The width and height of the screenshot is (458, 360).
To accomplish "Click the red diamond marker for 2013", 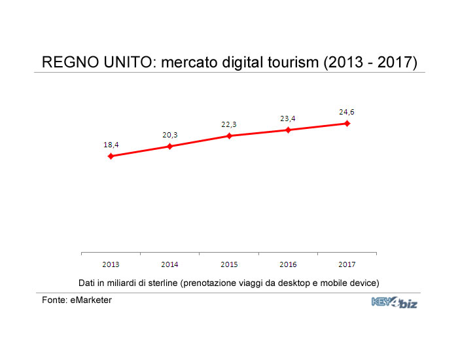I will click(x=111, y=156).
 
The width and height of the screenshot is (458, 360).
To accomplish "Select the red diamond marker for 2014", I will click(x=169, y=146).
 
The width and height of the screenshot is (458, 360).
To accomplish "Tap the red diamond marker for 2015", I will click(x=229, y=135).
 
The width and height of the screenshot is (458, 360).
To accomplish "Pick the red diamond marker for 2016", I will click(x=288, y=130).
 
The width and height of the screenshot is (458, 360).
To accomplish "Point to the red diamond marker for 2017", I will click(x=347, y=123).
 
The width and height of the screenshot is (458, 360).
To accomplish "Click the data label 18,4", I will click(x=111, y=145).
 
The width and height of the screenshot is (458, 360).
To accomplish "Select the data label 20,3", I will click(x=170, y=135).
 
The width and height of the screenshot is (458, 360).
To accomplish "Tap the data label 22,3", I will click(x=229, y=124).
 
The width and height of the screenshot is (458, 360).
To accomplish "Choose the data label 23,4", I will click(x=288, y=118).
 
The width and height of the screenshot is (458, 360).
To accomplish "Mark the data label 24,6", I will click(x=347, y=112).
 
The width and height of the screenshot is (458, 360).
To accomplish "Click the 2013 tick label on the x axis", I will click(x=111, y=264).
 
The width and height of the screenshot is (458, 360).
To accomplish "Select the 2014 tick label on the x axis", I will click(x=169, y=264).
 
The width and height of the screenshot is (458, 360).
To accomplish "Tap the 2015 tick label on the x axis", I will click(x=229, y=264).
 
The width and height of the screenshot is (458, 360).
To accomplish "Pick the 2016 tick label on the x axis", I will click(x=288, y=264).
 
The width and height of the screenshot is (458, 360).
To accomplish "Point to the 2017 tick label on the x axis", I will click(x=347, y=264).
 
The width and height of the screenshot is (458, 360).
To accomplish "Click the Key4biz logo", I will click(x=394, y=302).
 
